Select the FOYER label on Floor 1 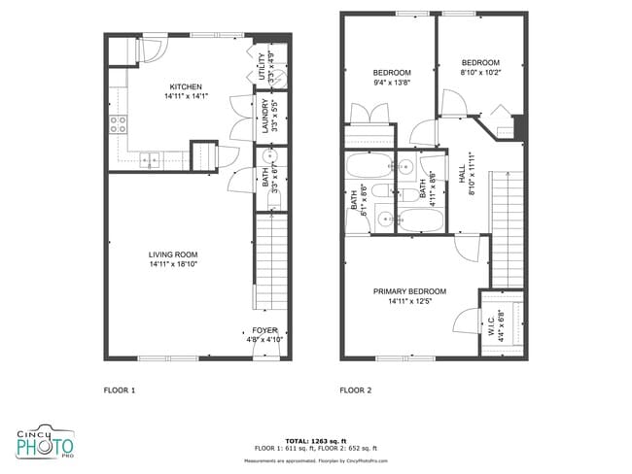coord(264,329)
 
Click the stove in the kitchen coord(119,123)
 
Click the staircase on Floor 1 coord(268,262)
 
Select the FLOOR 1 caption coord(120,390)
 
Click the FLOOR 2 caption coord(355,390)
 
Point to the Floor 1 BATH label coord(265,178)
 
